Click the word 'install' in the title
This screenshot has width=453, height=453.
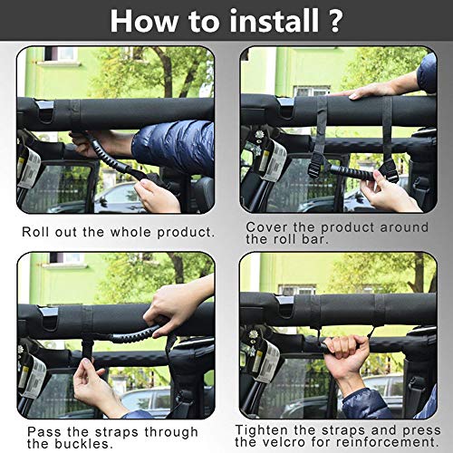274,21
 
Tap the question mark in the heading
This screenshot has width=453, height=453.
334,21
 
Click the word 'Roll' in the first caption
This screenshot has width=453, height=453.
36,232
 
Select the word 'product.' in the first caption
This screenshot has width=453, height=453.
186,232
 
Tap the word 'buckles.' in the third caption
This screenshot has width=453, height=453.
84,444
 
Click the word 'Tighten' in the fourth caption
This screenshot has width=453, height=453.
262,430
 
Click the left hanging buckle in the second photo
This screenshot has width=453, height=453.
315,165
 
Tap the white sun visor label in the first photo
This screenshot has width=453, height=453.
29,169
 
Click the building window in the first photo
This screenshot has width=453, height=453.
64,54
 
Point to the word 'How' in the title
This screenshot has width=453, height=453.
144,21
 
